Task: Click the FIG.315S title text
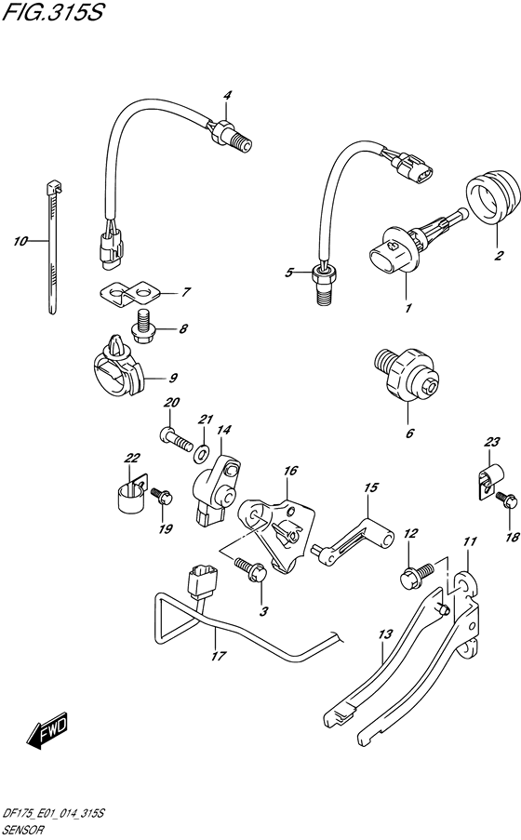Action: click(x=52, y=12)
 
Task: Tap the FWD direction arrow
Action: click(x=47, y=730)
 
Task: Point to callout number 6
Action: click(x=409, y=433)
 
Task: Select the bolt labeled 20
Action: click(x=176, y=438)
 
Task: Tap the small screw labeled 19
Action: click(x=161, y=497)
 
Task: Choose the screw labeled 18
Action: click(x=506, y=500)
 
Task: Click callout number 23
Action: click(x=491, y=442)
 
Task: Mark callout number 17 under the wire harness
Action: click(x=218, y=656)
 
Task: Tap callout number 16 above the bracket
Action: click(x=290, y=471)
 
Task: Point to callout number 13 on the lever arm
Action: click(x=385, y=634)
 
